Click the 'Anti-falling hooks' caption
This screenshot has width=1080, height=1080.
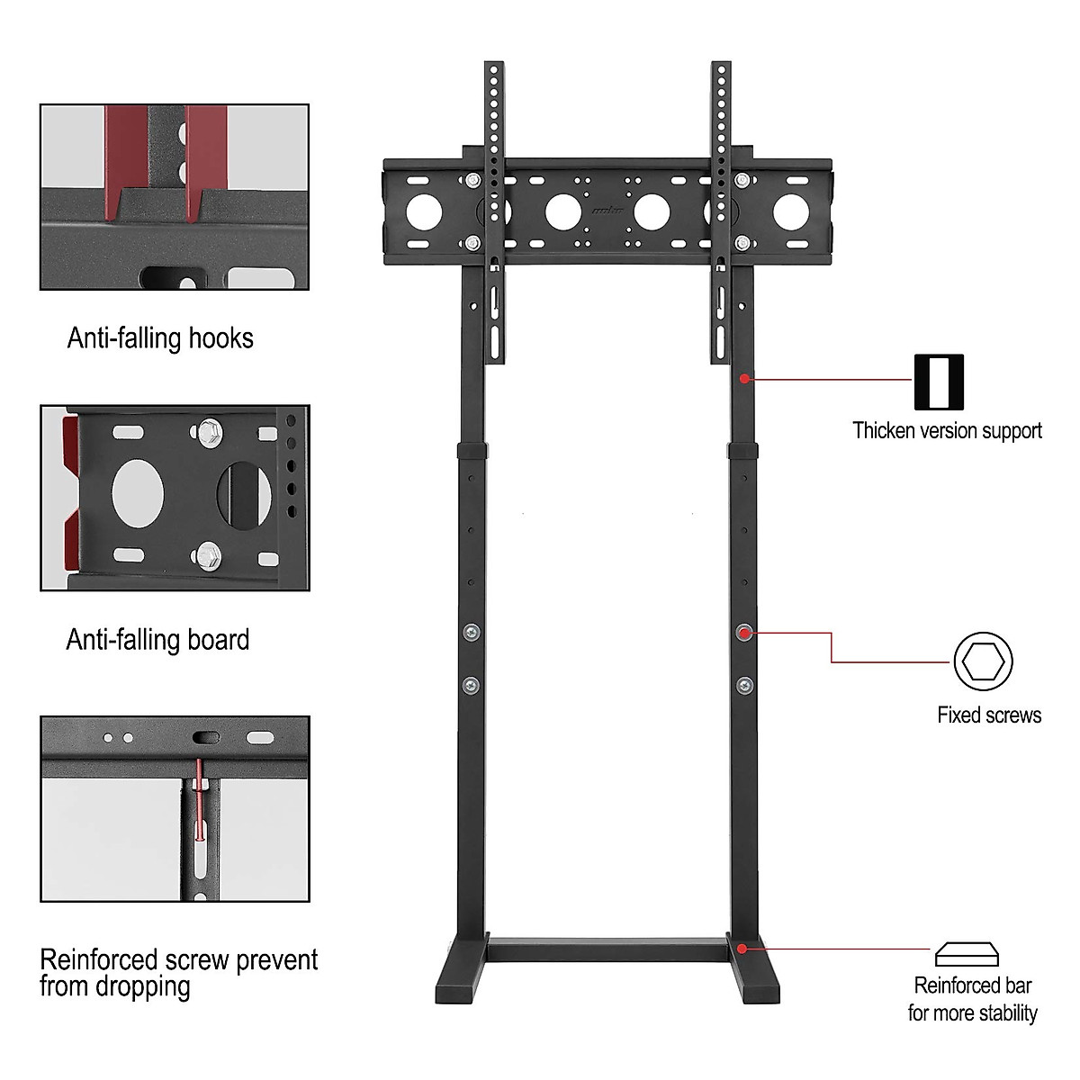tap(160, 338)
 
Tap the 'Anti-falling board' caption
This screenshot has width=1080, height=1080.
tap(157, 640)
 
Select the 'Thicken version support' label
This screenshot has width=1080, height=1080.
tap(947, 430)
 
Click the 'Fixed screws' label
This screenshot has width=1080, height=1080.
tap(989, 715)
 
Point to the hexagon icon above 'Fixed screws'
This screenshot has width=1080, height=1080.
tap(983, 661)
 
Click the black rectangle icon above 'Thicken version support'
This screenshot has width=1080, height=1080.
tap(939, 382)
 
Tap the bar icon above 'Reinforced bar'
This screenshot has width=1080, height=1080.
tap(967, 954)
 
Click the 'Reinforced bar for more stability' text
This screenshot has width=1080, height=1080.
tap(972, 999)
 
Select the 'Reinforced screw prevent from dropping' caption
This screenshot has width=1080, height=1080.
tap(178, 972)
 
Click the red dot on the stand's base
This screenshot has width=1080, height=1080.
tap(742, 948)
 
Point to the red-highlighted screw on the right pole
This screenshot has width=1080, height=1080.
tap(744, 633)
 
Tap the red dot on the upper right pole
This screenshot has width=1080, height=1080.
tap(744, 379)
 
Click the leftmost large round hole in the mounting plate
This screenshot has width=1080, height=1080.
tap(424, 211)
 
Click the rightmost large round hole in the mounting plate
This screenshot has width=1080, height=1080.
tap(791, 211)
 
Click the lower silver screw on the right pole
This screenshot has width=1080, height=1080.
tap(744, 686)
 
